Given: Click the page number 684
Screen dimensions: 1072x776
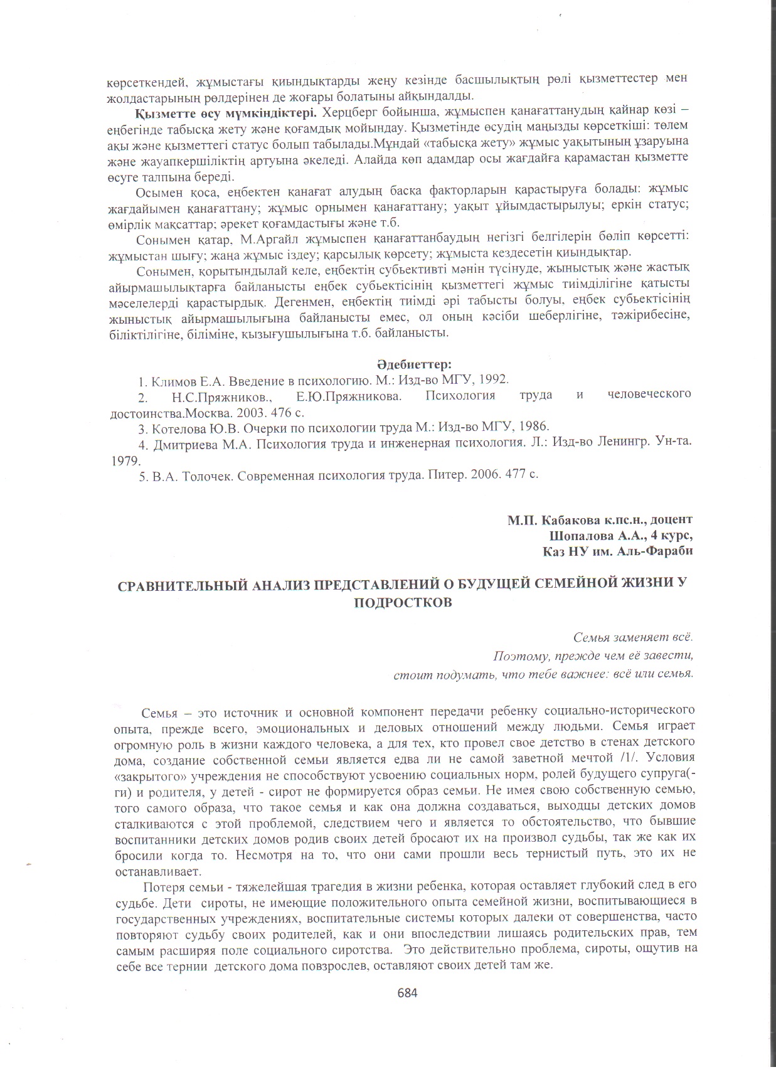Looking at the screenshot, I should click(x=407, y=992).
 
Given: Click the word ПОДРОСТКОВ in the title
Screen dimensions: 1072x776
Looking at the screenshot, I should click(x=402, y=601).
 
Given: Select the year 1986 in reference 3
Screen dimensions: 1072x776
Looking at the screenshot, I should click(x=531, y=428).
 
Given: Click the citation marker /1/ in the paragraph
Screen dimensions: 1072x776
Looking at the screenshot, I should click(x=645, y=758).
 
